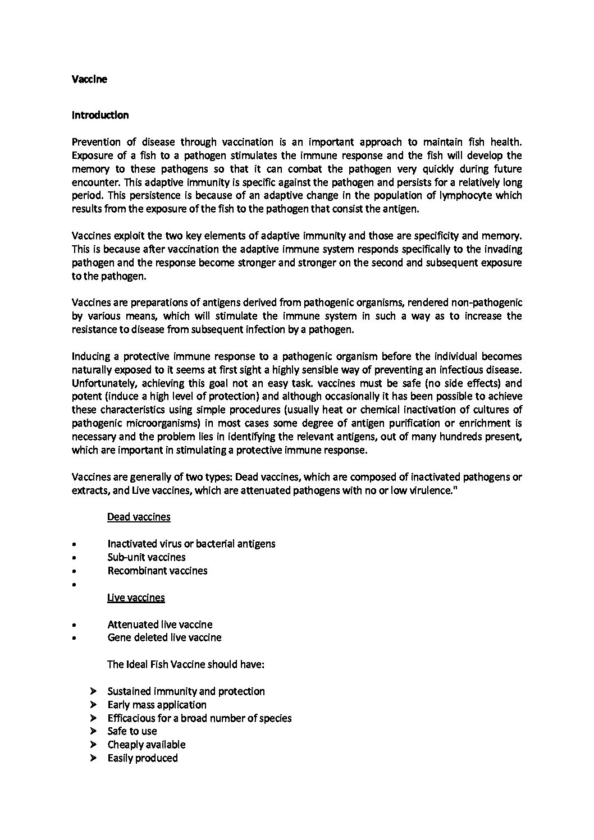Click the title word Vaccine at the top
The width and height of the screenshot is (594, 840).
click(x=89, y=79)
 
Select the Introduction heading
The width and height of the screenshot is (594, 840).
click(x=100, y=115)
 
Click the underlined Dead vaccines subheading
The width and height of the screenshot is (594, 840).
click(x=139, y=517)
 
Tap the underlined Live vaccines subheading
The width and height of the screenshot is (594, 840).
click(x=136, y=598)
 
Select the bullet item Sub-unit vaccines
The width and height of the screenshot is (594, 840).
click(x=146, y=557)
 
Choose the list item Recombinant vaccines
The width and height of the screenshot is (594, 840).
click(x=157, y=571)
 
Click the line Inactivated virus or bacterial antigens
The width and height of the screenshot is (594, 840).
click(x=191, y=544)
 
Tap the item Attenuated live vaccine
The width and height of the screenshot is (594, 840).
click(x=159, y=625)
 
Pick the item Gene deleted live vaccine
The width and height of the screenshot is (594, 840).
click(x=164, y=637)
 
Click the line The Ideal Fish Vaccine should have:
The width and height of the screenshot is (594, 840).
click(x=185, y=664)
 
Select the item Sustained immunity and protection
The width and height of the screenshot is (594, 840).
click(x=186, y=691)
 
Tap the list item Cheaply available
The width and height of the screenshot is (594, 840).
click(x=146, y=745)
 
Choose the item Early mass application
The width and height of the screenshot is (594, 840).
click(x=157, y=705)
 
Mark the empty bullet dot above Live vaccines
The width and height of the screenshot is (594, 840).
click(x=74, y=585)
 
